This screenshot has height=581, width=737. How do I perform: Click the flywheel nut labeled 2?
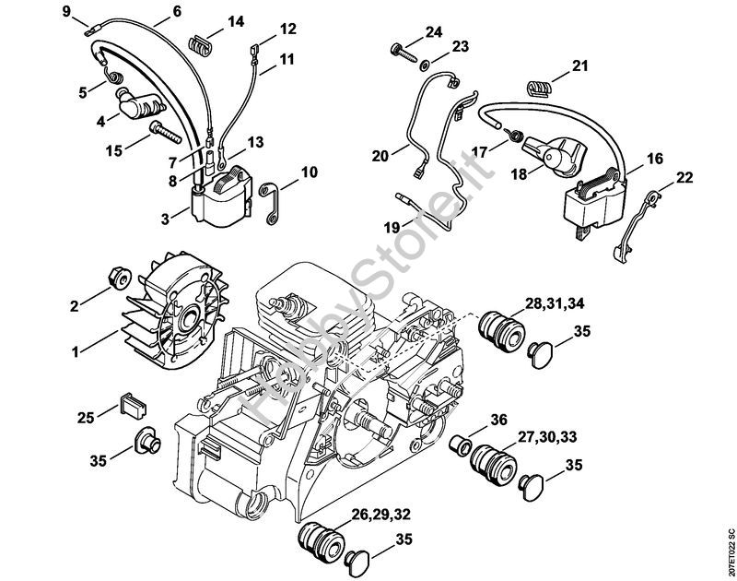coord(120,278)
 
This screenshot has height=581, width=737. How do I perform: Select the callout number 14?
coord(236,21)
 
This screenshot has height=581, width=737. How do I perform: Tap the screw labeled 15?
coord(166,131)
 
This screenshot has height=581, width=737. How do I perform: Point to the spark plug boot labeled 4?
coord(139,104)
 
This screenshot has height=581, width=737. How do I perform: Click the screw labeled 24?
coord(404,53)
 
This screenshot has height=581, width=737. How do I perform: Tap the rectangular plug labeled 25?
coord(134,404)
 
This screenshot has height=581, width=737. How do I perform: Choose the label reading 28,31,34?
coord(555,303)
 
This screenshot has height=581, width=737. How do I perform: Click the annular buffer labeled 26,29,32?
coord(321,541)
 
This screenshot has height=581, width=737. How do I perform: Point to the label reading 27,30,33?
coord(547,437)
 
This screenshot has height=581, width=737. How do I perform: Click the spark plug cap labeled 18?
coord(555,157)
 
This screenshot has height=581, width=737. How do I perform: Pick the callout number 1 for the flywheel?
coord(76,351)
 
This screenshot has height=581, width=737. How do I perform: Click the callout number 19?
coord(392,228)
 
